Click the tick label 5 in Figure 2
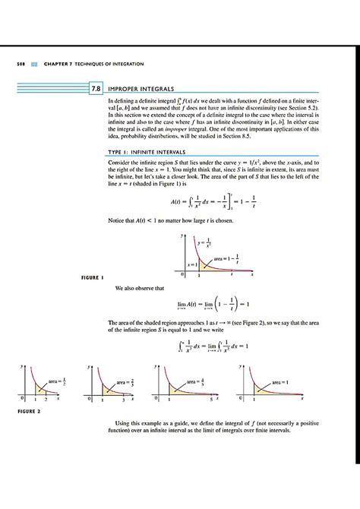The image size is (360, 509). (x=214, y=400)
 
